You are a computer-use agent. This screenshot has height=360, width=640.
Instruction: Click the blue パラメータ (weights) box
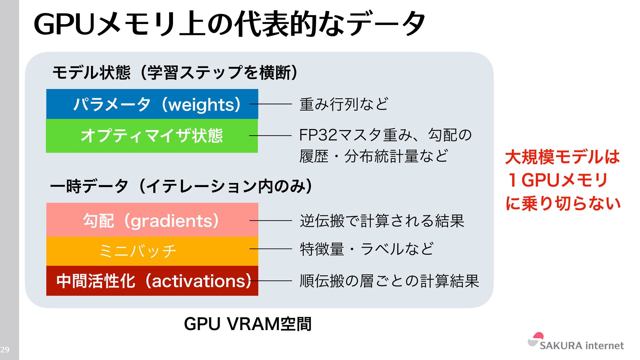[x=152, y=104]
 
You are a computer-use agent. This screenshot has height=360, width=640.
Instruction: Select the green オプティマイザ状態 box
[x=152, y=136]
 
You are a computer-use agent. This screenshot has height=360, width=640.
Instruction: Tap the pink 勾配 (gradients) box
[x=152, y=220]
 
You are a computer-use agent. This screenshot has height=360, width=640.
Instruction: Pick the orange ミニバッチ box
[x=152, y=251]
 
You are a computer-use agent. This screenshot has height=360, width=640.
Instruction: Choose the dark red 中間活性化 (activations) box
[x=152, y=281]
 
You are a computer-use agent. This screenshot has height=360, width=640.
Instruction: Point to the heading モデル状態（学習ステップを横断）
[x=175, y=72]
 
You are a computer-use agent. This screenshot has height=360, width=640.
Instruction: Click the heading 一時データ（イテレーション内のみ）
[x=181, y=186]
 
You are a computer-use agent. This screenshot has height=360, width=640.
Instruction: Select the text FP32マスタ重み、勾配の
[x=385, y=135]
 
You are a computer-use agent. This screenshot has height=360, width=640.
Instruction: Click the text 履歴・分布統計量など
[x=374, y=156]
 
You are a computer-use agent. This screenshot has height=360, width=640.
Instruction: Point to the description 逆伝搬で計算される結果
[x=382, y=221]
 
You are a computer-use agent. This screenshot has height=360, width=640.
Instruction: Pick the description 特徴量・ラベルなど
[x=367, y=249]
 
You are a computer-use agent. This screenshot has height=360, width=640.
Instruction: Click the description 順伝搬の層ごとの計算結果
[x=389, y=281]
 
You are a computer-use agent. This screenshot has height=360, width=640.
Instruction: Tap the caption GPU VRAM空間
[x=248, y=324]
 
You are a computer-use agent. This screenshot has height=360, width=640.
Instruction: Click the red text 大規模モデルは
[x=562, y=157]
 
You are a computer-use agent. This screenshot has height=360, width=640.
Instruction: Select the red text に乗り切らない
[x=563, y=203]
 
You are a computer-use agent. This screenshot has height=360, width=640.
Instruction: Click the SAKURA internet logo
[x=576, y=342]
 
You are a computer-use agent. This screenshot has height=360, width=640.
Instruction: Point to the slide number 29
[x=5, y=349]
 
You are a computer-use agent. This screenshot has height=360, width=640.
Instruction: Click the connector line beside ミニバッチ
[x=271, y=249]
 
